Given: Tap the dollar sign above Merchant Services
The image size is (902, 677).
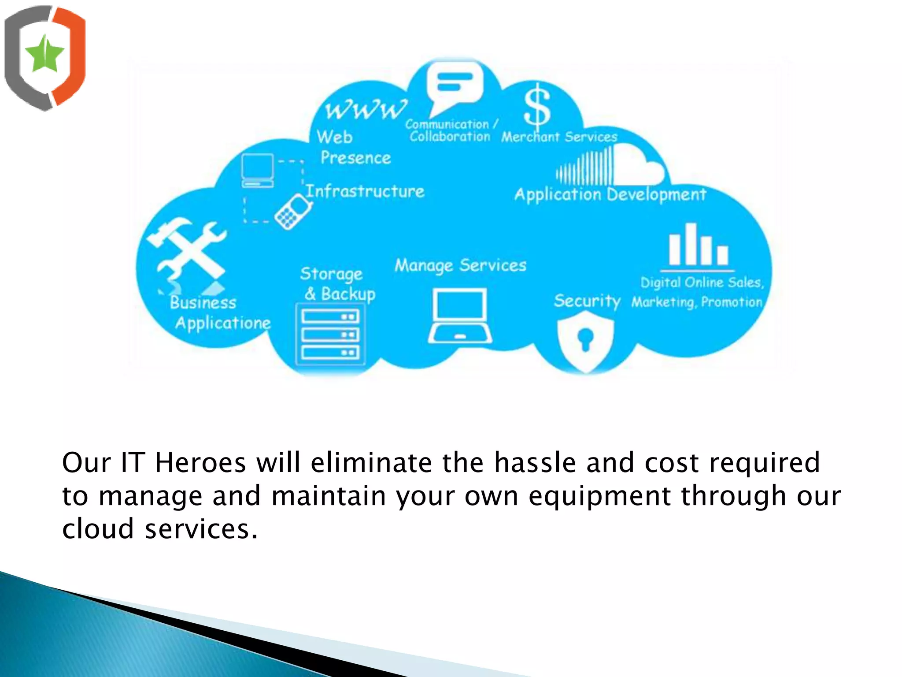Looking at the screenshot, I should pos(537,105).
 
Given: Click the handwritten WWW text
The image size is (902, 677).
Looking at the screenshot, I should pos(366,108).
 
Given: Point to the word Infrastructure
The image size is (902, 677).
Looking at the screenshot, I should pos(365,191).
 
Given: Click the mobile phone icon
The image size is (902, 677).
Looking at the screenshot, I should pos(293,212).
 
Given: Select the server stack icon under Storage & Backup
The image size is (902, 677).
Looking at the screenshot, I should pos(331,335).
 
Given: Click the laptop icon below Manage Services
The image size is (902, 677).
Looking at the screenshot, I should pos(460,316).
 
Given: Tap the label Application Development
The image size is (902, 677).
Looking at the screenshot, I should pos(610,194).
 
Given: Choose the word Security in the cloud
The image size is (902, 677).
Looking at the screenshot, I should pos(587,301).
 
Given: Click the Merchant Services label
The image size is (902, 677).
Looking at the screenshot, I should pos(559,137).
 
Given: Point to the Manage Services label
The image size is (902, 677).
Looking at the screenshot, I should pos(461,265).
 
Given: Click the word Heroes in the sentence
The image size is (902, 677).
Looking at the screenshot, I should pos(200,463).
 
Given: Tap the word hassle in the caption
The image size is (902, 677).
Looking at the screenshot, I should pos(535,463).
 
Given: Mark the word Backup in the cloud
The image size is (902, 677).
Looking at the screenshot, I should pos(348,294).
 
